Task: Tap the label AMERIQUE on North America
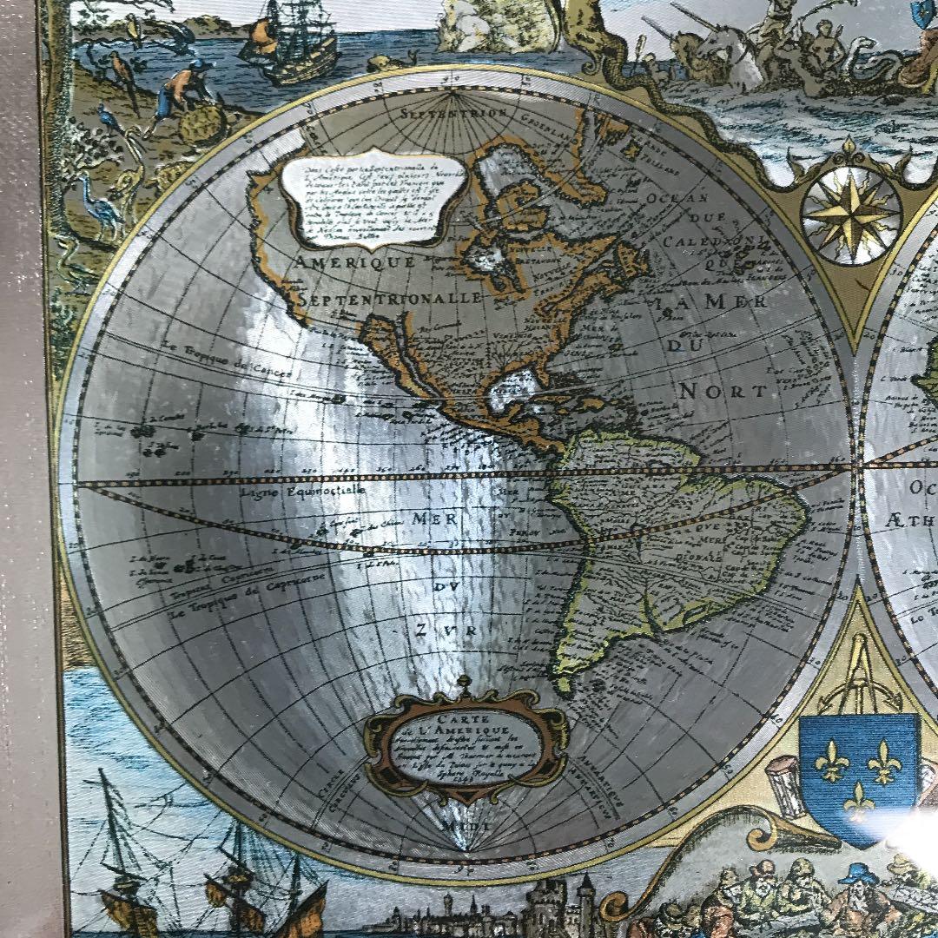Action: (x=355, y=261)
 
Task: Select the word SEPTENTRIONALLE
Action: (x=391, y=299)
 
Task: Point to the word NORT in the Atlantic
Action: (x=723, y=390)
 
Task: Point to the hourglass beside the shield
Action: (x=785, y=787)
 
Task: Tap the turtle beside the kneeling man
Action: (x=201, y=125)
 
